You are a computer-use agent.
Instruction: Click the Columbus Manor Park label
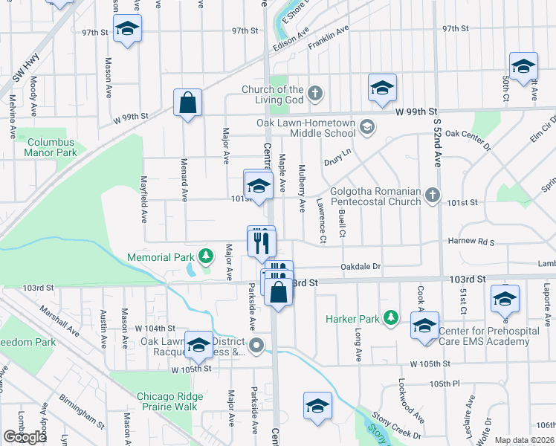[x=51, y=147]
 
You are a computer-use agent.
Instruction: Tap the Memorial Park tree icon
[x=205, y=256]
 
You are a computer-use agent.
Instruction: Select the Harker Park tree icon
[x=387, y=319]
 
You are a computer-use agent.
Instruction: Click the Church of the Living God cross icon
[x=315, y=94]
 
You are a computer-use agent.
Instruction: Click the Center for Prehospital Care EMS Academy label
[x=485, y=336]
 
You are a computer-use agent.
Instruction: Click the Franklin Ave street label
[x=329, y=39]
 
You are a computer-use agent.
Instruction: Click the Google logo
[x=25, y=437]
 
